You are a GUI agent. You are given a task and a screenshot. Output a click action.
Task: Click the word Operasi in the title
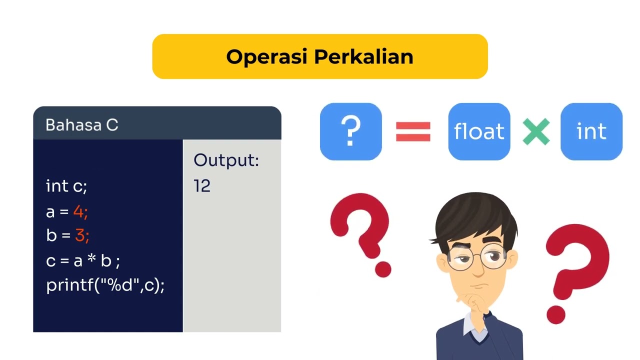coord(267,56)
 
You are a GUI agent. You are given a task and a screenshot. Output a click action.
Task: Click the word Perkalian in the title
coord(363,56)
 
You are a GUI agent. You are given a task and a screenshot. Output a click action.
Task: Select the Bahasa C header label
coord(82,124)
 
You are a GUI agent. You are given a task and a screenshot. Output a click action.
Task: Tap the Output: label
coord(226,160)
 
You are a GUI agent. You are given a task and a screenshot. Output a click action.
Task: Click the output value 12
coord(202,186)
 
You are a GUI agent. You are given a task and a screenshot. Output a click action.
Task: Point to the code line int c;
coord(66,186)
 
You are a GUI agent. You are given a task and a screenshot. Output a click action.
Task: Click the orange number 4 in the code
coord(78,211)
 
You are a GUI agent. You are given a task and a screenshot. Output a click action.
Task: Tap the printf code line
coord(105,285)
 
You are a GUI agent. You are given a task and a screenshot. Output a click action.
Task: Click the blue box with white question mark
coord(350,131)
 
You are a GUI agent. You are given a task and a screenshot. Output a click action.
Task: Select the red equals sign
coord(413,132)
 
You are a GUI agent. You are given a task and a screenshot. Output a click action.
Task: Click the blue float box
coord(479,131)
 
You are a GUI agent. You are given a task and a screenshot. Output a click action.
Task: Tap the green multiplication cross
coord(536,132)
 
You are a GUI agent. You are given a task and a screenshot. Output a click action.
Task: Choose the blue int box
coord(591,131)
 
